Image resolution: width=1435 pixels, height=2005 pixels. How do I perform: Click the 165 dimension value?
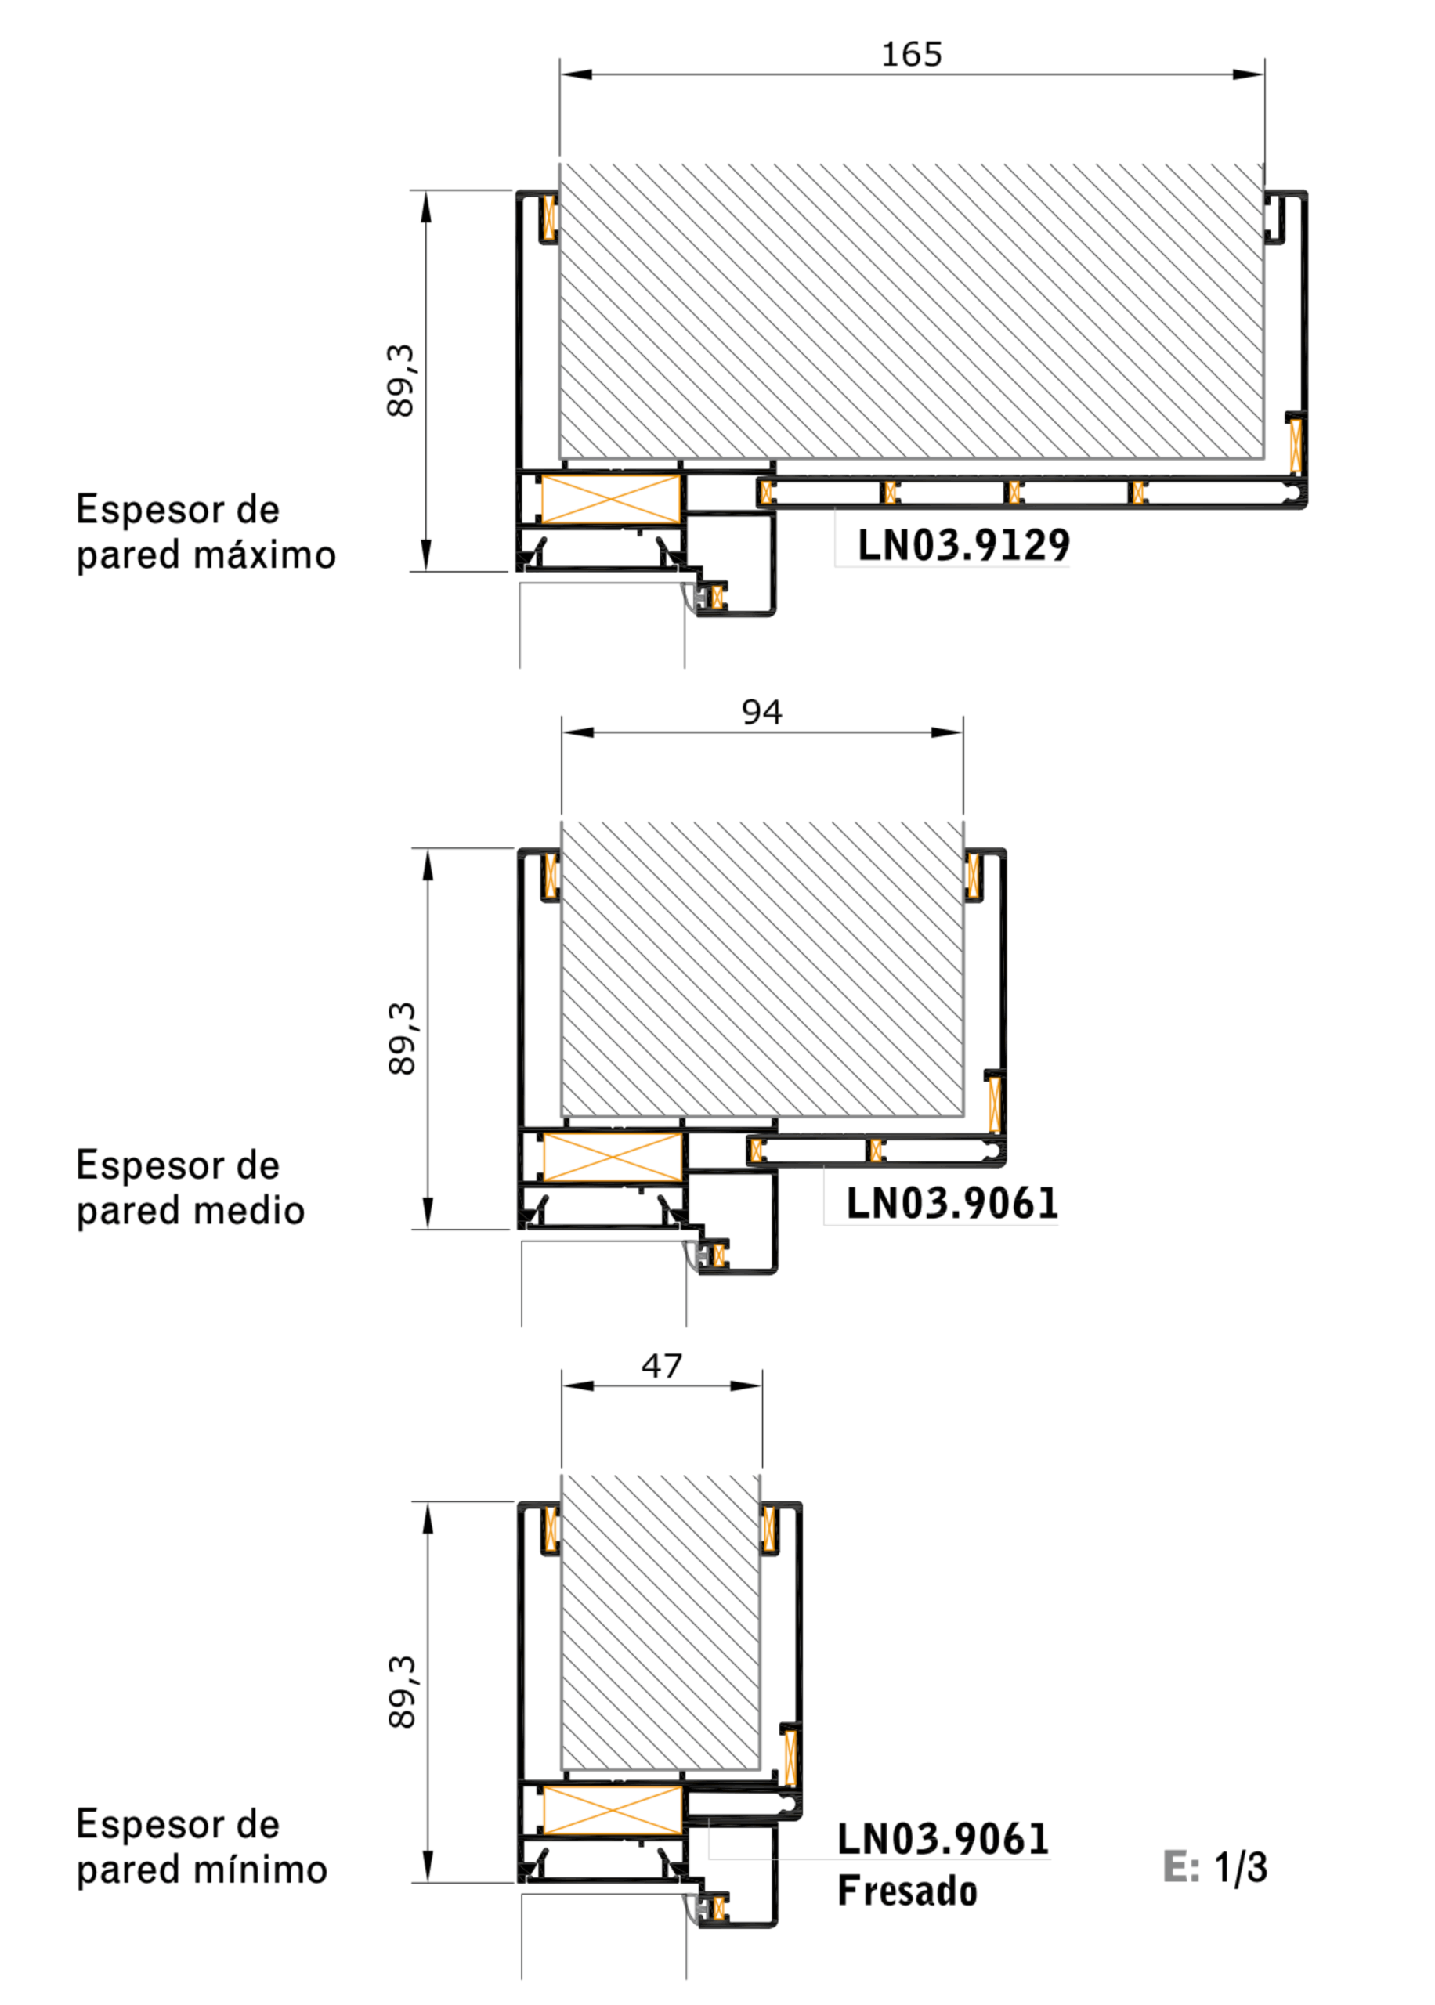click(x=912, y=55)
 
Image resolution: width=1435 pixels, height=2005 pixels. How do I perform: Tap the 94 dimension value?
click(x=761, y=712)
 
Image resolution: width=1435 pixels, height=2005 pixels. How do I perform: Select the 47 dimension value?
click(x=662, y=1367)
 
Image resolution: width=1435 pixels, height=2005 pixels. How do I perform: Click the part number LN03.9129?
click(x=964, y=544)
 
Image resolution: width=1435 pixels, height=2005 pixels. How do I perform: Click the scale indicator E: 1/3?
click(x=1215, y=1867)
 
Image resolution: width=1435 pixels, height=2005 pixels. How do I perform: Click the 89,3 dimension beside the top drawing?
click(x=400, y=381)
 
